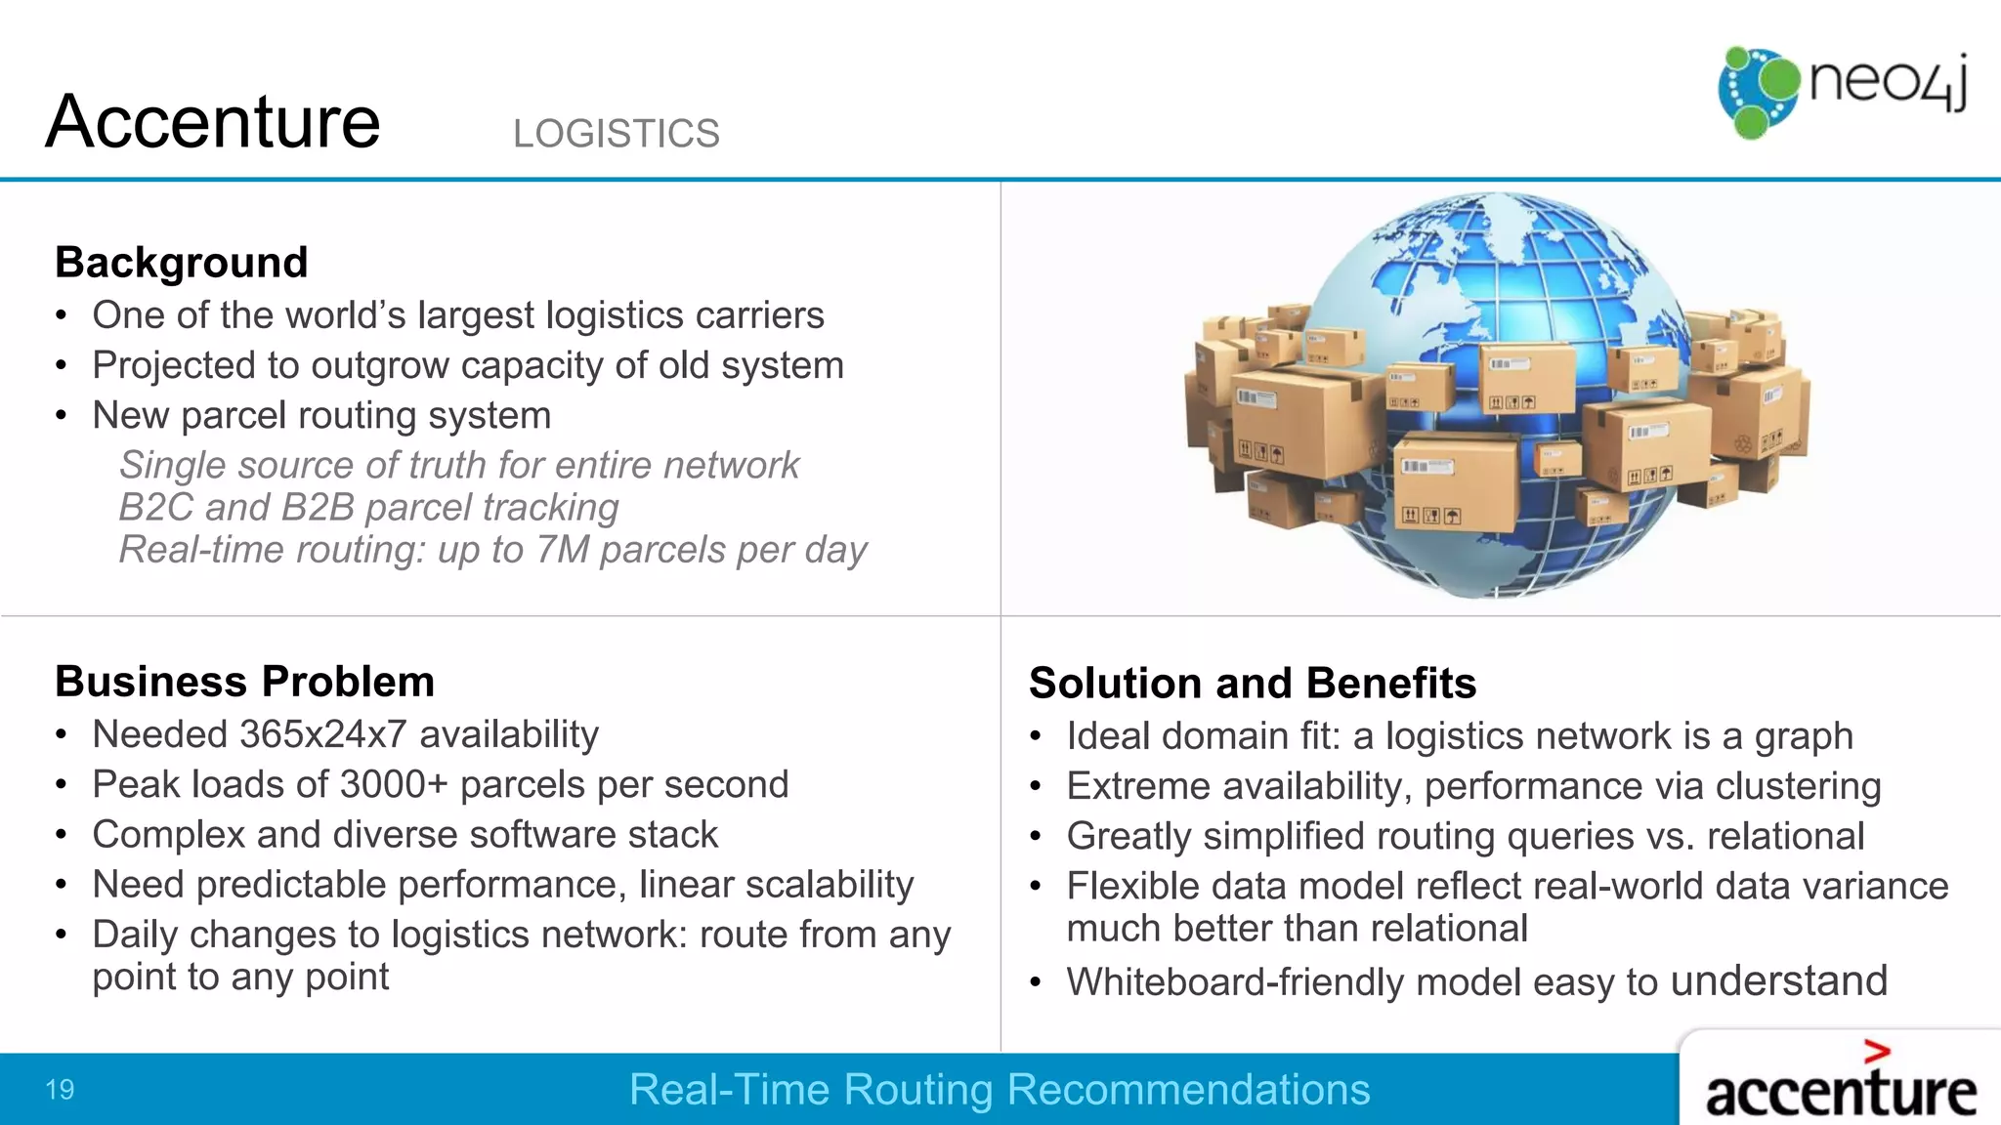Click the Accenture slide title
[212, 122]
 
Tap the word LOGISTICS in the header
[616, 134]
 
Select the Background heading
[182, 263]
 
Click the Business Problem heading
[244, 682]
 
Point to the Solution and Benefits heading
[1252, 684]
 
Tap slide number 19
[60, 1090]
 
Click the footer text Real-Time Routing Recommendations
[999, 1090]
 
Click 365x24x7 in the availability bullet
[322, 734]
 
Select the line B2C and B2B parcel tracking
[368, 508]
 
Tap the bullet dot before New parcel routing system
[62, 416]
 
